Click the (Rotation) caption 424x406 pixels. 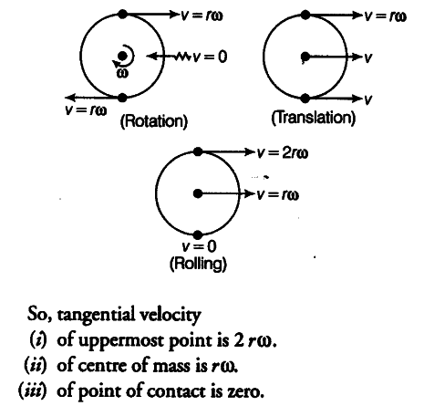pos(154,121)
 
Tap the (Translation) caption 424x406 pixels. pos(313,118)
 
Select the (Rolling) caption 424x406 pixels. pos(198,264)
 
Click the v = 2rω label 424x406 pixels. pos(283,152)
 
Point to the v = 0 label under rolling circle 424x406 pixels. pos(199,246)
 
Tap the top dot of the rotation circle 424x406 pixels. pos(122,14)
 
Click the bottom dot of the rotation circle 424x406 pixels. pos(122,98)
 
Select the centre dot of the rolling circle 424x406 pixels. pos(198,193)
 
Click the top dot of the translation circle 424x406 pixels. pos(305,15)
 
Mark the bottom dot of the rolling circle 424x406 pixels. pos(198,235)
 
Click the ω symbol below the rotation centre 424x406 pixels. pos(122,73)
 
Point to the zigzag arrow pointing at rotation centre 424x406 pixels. pos(169,56)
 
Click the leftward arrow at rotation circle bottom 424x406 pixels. pos(94,98)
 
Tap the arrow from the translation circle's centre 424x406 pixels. pos(334,57)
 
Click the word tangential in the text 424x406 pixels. pos(96,315)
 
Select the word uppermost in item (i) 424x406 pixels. pos(121,341)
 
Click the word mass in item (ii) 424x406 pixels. pos(171,367)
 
